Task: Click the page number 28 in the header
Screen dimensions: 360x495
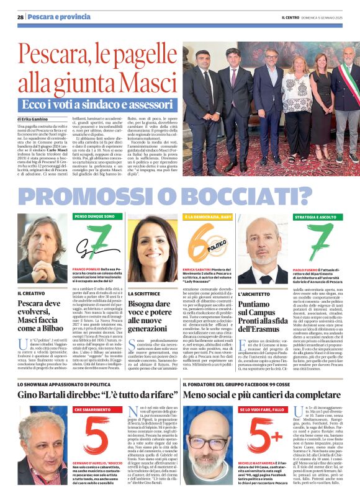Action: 20,17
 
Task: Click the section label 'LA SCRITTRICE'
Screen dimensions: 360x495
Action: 144,292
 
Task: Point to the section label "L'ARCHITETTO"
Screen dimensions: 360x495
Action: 254,292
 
